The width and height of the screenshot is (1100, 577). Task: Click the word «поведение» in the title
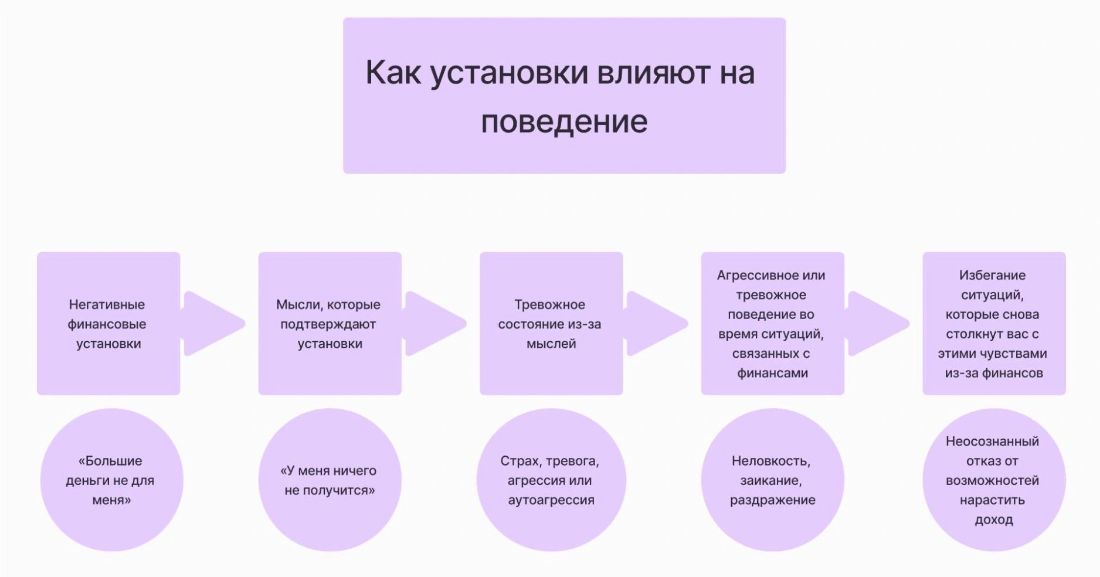pos(564,122)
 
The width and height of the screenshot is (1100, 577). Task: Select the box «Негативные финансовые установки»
pos(108,324)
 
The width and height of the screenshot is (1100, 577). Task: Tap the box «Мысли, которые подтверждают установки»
pos(330,324)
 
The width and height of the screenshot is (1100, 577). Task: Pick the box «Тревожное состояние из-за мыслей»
pos(551,324)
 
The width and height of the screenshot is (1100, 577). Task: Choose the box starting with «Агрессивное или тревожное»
pos(772,324)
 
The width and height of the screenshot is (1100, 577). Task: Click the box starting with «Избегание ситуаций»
pos(993,324)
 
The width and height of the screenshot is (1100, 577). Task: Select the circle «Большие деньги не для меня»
pos(111,480)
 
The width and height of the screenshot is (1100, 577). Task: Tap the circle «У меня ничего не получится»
pos(330,480)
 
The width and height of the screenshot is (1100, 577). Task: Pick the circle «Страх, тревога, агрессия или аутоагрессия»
pos(551,480)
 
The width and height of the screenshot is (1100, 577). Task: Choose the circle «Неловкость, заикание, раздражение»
pos(772,480)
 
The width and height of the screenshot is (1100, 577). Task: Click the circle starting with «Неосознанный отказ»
pos(993,480)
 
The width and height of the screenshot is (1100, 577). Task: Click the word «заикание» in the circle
pos(770,481)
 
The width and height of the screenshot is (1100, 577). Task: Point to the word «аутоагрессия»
pos(551,500)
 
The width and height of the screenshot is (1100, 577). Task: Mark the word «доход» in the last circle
pos(993,520)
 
